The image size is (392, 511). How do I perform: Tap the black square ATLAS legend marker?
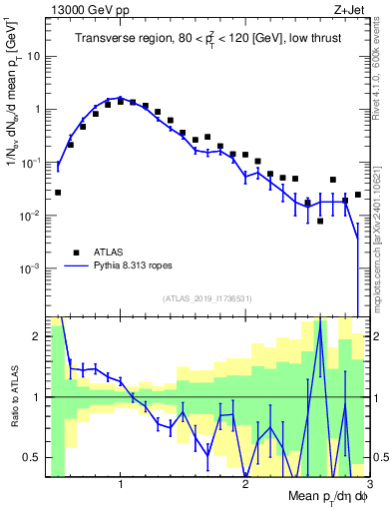point(74,252)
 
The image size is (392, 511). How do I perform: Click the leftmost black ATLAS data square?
point(58,192)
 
